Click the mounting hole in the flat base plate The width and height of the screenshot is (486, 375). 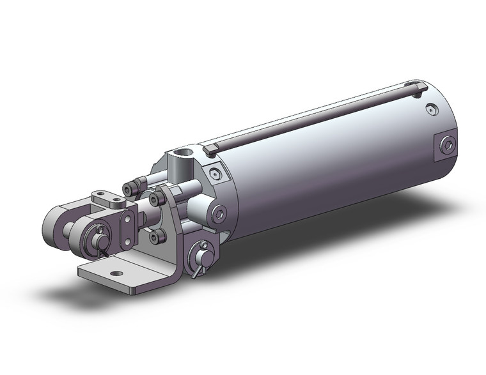(x=117, y=275)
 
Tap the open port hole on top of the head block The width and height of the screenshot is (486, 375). (x=185, y=153)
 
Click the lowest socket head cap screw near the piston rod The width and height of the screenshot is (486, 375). (x=154, y=237)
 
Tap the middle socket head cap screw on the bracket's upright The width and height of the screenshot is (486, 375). (x=153, y=200)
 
